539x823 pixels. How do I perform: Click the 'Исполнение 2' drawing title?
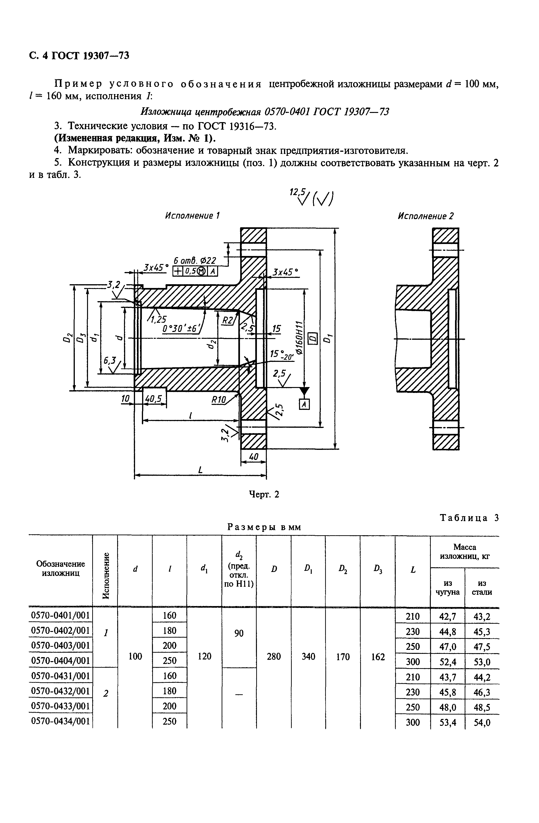click(425, 216)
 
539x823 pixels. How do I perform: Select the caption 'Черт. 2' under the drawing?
click(264, 495)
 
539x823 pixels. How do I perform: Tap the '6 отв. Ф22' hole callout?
click(195, 260)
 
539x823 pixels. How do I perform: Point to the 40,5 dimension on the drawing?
click(153, 399)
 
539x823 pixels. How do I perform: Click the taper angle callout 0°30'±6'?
click(181, 328)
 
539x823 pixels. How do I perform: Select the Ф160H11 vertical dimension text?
click(299, 337)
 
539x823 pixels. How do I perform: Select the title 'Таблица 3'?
click(469, 518)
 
